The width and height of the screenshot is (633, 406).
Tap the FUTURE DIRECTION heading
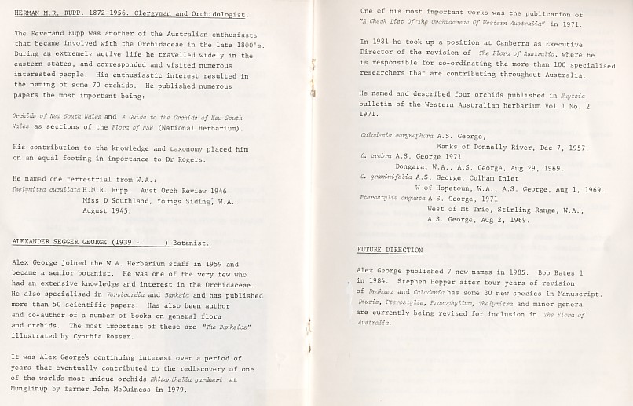click(390, 251)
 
